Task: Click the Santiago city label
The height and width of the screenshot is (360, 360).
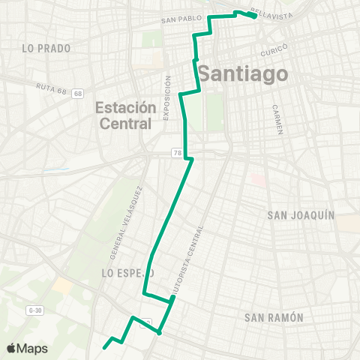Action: click(x=244, y=74)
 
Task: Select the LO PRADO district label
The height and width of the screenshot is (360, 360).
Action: click(x=46, y=48)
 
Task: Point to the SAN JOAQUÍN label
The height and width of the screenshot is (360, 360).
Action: click(x=301, y=215)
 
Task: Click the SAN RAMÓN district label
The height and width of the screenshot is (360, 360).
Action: click(x=274, y=318)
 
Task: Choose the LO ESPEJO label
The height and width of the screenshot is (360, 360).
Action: click(x=127, y=274)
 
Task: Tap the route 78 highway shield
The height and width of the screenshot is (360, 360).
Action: click(x=178, y=153)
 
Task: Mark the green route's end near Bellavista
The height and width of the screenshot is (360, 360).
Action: click(x=255, y=16)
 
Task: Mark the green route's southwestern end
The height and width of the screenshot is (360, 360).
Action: click(x=103, y=348)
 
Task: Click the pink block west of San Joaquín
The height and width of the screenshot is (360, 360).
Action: click(x=257, y=180)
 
